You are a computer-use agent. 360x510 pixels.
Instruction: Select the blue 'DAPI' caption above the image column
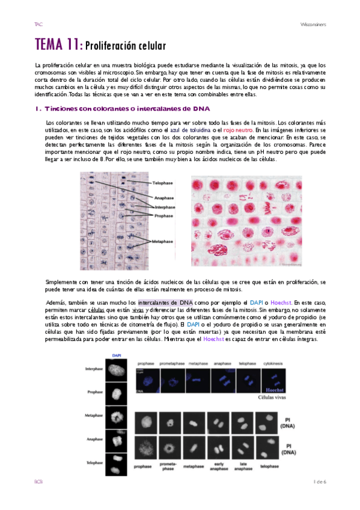117,355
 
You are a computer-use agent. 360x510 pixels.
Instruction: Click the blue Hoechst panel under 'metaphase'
196,380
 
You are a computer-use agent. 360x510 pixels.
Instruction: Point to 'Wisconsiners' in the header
313,24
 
